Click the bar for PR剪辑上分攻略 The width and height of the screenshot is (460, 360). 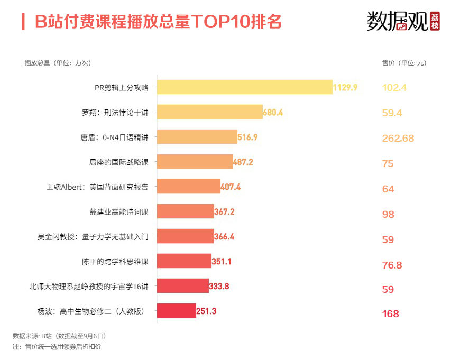(245, 87)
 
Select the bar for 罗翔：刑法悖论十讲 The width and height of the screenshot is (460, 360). (210, 112)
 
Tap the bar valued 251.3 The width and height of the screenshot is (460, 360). (177, 311)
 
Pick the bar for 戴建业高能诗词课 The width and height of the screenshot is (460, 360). (186, 211)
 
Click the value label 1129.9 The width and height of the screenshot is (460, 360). (345, 87)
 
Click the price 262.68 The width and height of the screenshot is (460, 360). (398, 139)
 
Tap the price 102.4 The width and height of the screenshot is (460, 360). (394, 88)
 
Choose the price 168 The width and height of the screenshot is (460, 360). (390, 314)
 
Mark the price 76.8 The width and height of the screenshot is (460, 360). (392, 265)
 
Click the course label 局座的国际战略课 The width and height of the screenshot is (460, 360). (119, 162)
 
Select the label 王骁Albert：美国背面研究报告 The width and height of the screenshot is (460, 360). (98, 187)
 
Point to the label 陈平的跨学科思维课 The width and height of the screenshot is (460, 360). (115, 262)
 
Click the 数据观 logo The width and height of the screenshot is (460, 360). (403, 21)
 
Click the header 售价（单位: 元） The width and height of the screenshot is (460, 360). (404, 63)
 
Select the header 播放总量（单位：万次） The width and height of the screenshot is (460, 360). (58, 63)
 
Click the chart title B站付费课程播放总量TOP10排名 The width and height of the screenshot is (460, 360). (158, 22)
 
